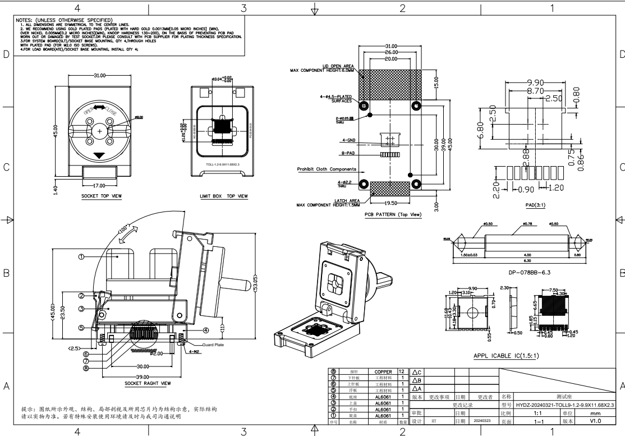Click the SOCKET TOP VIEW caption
coord(99,196)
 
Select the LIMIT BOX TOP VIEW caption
coord(223,196)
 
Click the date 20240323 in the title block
coord(482,420)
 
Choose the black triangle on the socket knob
coord(99,155)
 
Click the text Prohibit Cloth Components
coord(327,169)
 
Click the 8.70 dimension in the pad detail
coord(532,90)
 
